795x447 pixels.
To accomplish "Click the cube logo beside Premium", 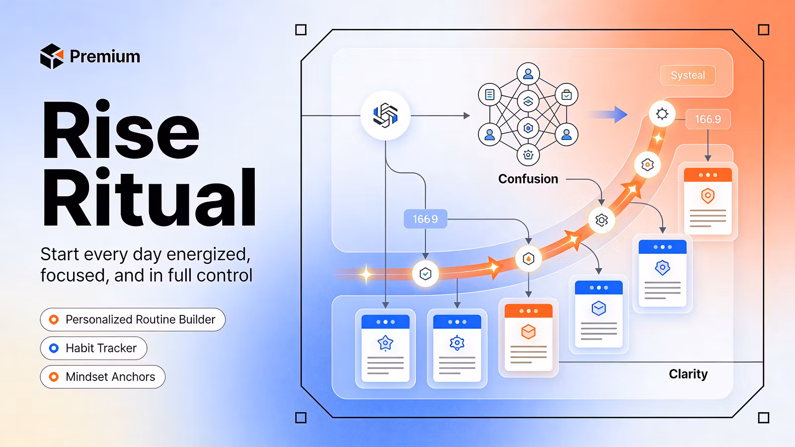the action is click(52, 56).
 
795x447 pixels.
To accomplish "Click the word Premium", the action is click(105, 57).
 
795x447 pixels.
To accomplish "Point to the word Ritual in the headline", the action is click(149, 196).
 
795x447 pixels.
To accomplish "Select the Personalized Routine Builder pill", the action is click(133, 320).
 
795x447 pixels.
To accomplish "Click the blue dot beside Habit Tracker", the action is click(54, 348).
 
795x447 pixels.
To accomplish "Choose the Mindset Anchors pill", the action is click(102, 377).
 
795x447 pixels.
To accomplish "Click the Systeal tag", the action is click(688, 75).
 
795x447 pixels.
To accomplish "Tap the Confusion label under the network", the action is click(528, 179).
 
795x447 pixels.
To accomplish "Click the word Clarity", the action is click(688, 374).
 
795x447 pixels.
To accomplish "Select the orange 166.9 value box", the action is click(708, 119).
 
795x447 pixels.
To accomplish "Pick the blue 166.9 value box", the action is click(425, 219).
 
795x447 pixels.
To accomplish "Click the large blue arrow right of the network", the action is click(609, 115).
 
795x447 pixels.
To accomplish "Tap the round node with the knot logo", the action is click(386, 115).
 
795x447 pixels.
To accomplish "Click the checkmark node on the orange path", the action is click(425, 274).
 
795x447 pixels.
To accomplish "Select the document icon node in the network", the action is click(490, 95).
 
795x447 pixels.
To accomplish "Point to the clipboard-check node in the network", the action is click(566, 95).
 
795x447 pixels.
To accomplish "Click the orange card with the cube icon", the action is click(529, 337).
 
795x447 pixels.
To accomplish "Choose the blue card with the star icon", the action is click(386, 348).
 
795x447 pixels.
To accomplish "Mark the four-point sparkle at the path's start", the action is click(366, 274).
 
